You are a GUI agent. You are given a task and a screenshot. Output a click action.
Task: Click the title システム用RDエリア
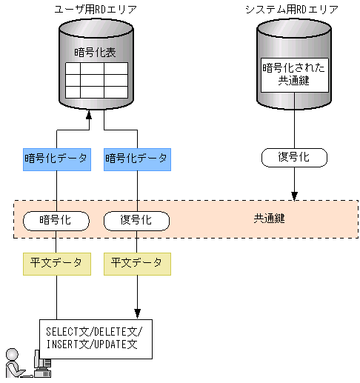(291, 9)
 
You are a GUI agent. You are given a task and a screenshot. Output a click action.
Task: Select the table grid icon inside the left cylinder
(96, 81)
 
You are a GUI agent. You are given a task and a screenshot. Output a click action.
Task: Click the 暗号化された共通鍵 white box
(295, 74)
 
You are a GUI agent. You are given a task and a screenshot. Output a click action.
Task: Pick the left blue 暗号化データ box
(56, 158)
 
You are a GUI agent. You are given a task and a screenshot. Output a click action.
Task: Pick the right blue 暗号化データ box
(136, 158)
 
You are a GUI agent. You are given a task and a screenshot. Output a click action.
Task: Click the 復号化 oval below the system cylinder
(295, 157)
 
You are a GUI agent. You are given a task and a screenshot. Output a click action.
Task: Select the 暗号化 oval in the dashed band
(56, 220)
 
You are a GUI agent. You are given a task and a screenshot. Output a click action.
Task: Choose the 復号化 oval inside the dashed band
(136, 220)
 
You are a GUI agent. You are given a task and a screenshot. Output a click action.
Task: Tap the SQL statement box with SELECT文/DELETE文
(96, 338)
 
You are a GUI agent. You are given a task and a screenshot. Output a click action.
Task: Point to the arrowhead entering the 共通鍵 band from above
(295, 196)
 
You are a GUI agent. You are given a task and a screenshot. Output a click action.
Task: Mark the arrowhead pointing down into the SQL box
(136, 313)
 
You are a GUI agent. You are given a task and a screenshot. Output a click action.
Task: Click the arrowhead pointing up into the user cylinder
(89, 115)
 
